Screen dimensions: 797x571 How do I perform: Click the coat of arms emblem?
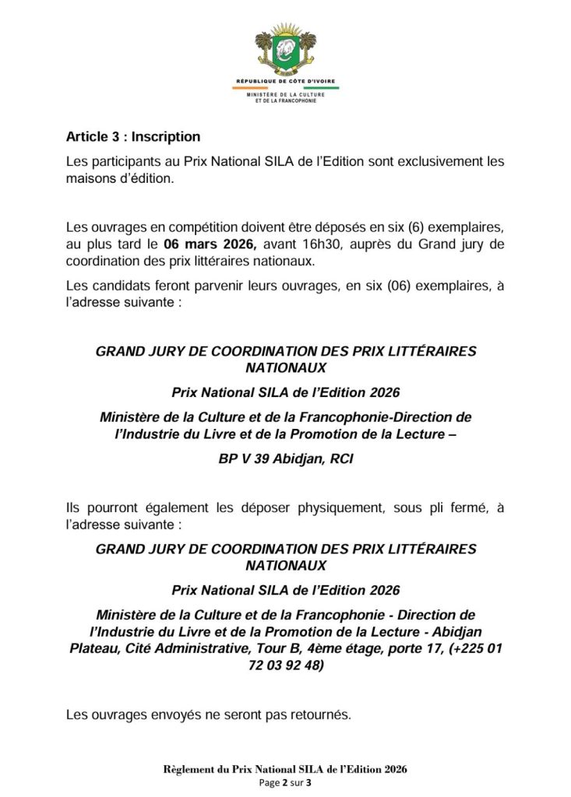click(285, 48)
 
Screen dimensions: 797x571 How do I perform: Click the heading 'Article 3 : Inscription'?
click(132, 137)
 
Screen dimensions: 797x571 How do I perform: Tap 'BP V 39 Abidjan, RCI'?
click(286, 459)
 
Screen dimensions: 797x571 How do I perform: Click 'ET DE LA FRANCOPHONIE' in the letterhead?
click(285, 101)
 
